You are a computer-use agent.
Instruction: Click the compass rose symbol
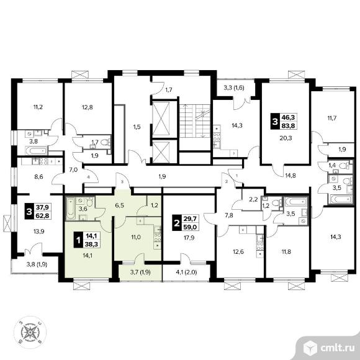[x=30, y=332]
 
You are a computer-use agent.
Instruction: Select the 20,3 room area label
[x=286, y=138]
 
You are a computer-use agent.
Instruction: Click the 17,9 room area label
[x=189, y=238]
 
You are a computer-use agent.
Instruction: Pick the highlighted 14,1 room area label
[x=88, y=255]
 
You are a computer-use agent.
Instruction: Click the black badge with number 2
[x=176, y=223]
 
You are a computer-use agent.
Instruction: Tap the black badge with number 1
[x=78, y=240]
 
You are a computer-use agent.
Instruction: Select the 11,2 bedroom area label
[x=38, y=107]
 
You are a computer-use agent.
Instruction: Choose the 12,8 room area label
[x=88, y=107]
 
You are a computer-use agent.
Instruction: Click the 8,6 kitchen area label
[x=38, y=177]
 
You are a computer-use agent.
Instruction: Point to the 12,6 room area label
[x=238, y=251]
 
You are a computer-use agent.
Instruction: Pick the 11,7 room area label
[x=332, y=119]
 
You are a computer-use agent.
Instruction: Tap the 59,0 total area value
[x=190, y=227]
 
